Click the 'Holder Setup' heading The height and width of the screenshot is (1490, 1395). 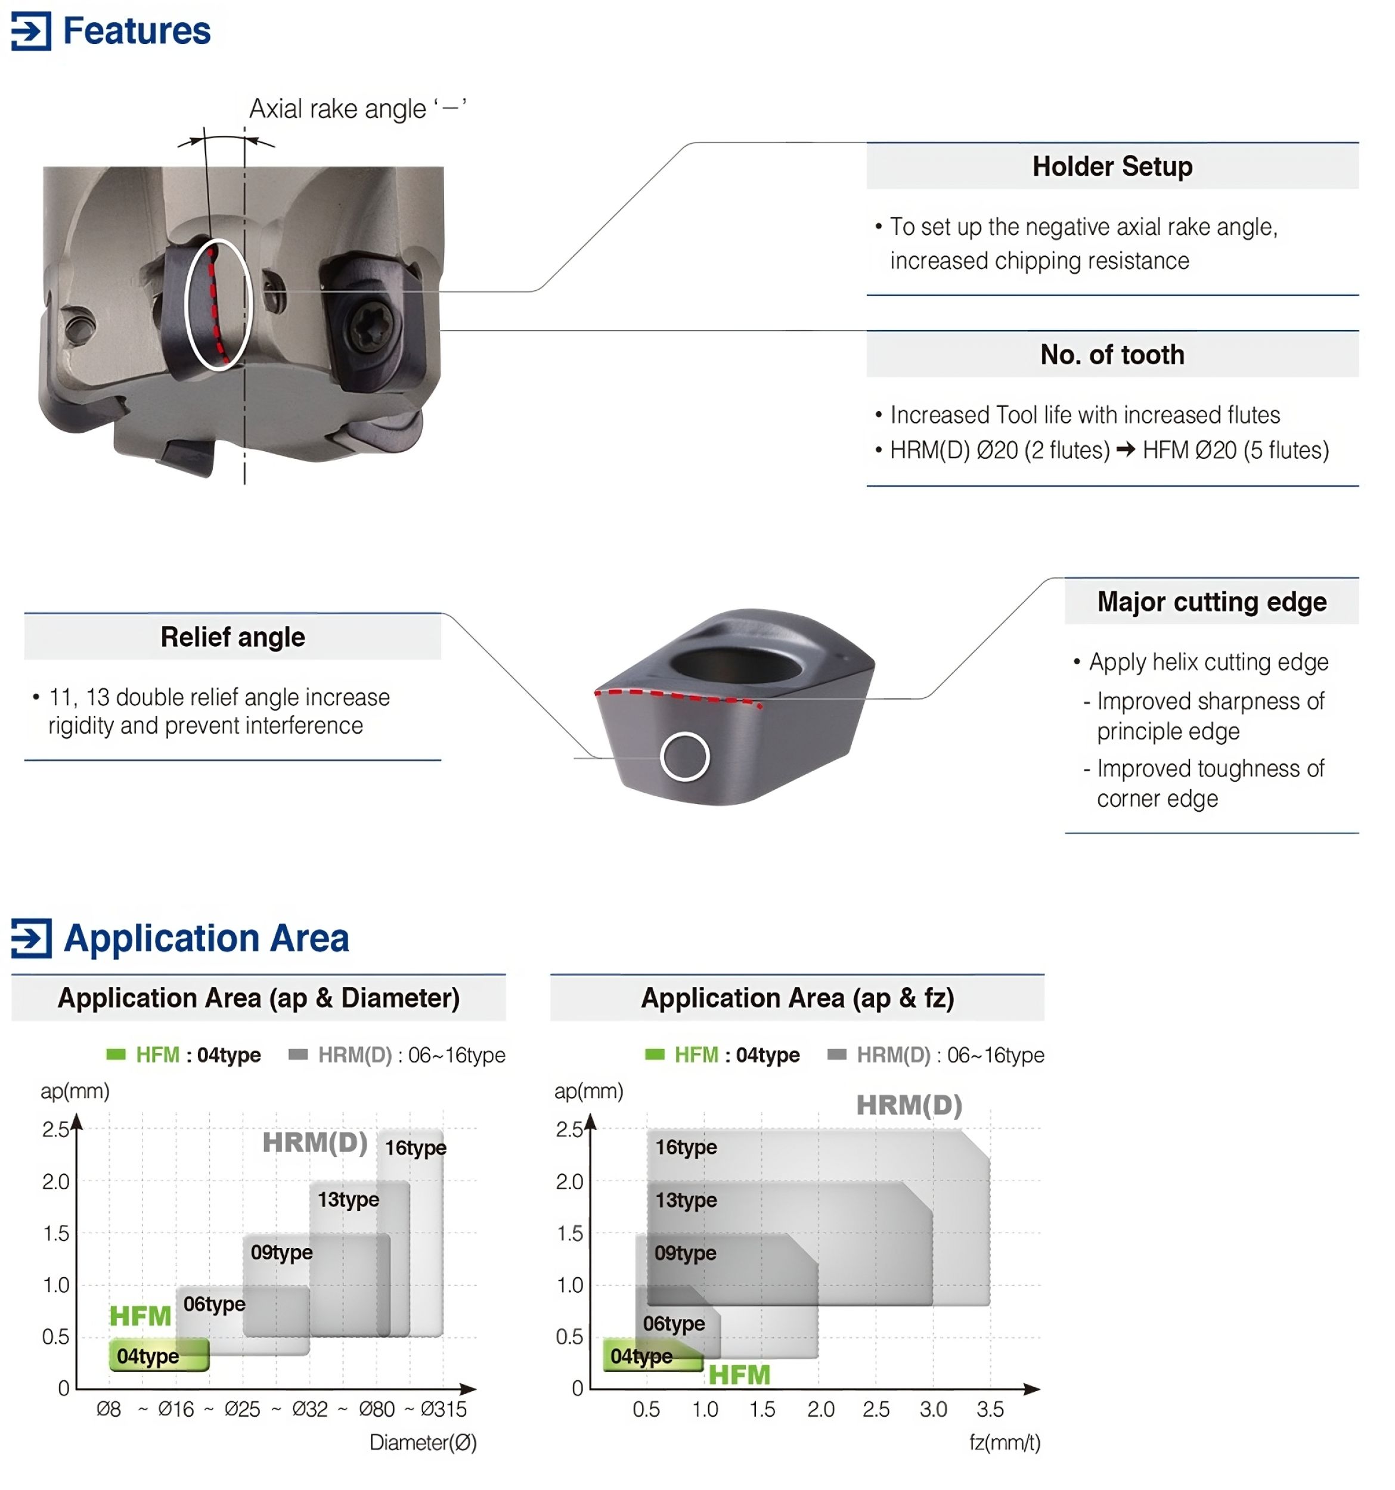[1112, 166]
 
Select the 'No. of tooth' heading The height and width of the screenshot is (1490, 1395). [1112, 355]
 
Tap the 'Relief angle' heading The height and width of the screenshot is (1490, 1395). [232, 637]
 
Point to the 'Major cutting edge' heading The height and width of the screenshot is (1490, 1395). [1211, 602]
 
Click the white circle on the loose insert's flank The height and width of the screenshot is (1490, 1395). [684, 756]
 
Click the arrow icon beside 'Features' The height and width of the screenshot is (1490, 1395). [32, 31]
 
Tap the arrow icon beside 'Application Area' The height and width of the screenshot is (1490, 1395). [32, 938]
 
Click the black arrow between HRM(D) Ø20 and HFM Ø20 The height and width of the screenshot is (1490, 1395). [1125, 450]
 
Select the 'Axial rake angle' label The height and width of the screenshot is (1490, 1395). [357, 108]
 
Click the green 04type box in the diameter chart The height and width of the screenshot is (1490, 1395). [159, 1355]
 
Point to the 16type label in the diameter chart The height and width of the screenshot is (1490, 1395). [416, 1147]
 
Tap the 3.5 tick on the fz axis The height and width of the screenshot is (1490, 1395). [990, 1409]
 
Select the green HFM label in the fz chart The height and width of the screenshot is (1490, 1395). [739, 1374]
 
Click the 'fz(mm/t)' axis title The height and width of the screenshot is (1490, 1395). [1005, 1443]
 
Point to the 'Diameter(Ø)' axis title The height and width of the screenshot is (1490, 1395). [423, 1443]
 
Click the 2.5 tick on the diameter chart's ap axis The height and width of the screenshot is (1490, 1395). [55, 1129]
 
